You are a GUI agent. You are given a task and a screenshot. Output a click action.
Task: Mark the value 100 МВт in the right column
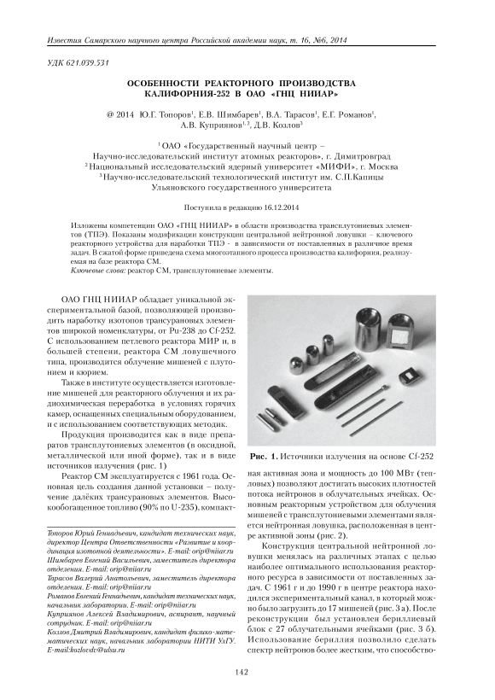(393, 473)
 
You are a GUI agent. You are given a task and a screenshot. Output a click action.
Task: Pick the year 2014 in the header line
(338, 41)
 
